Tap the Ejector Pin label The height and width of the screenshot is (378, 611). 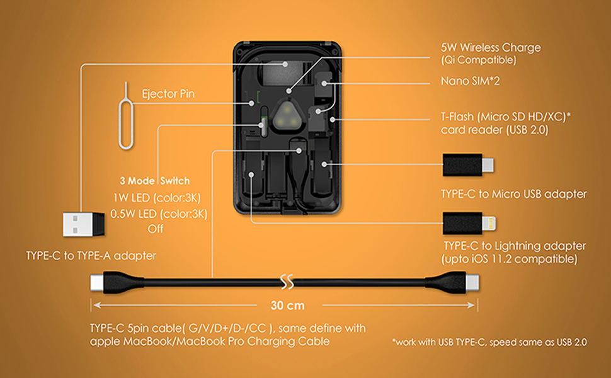pyautogui.click(x=168, y=94)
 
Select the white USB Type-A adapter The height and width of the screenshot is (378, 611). pyautogui.click(x=83, y=224)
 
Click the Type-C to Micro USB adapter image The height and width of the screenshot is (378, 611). pyautogui.click(x=468, y=164)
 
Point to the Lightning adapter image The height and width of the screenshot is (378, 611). pyautogui.click(x=469, y=224)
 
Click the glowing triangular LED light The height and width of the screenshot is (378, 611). pyautogui.click(x=287, y=117)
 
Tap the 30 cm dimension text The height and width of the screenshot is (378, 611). pyautogui.click(x=288, y=305)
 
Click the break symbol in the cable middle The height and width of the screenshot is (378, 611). pyautogui.click(x=287, y=282)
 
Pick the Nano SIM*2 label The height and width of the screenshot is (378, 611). pyautogui.click(x=470, y=81)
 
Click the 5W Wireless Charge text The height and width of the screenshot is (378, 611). pyautogui.click(x=491, y=47)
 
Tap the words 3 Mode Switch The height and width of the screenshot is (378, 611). pyautogui.click(x=155, y=181)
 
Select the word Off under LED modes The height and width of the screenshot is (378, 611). pyautogui.click(x=156, y=229)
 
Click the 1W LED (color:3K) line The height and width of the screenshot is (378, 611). pyautogui.click(x=157, y=198)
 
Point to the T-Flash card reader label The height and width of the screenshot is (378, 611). pyautogui.click(x=505, y=123)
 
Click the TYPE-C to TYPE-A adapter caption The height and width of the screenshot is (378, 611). pyautogui.click(x=91, y=256)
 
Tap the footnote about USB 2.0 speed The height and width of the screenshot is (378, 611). pyautogui.click(x=489, y=342)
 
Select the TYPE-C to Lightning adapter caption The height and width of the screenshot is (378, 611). pyautogui.click(x=513, y=252)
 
